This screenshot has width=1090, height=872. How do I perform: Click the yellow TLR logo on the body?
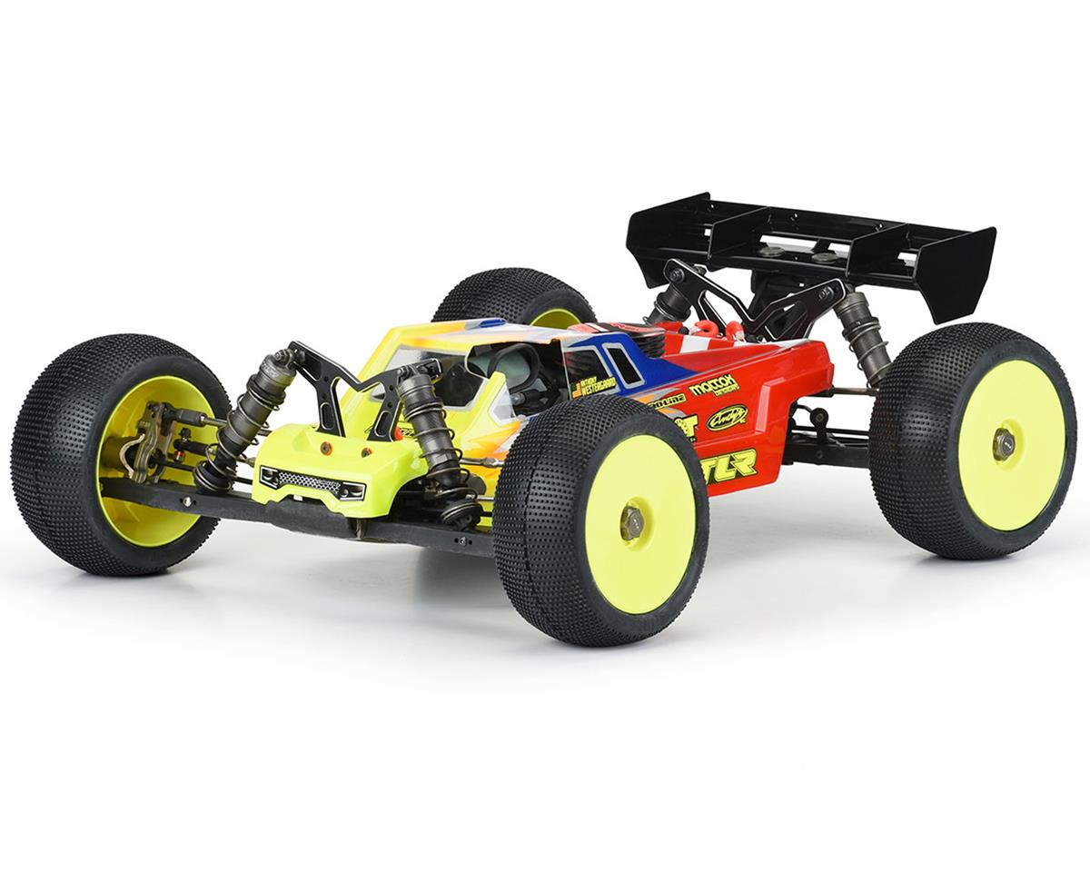[x=731, y=464]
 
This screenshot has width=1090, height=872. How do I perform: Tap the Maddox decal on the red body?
[x=714, y=386]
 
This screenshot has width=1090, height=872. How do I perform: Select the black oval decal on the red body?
[x=727, y=418]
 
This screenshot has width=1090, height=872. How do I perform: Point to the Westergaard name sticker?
[x=595, y=386]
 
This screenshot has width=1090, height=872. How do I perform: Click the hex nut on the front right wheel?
[x=632, y=521]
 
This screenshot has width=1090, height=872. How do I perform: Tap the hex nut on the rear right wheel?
[x=1004, y=444]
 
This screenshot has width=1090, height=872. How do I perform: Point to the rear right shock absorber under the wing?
[x=863, y=336]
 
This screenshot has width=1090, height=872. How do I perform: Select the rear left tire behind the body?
[x=513, y=295]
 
